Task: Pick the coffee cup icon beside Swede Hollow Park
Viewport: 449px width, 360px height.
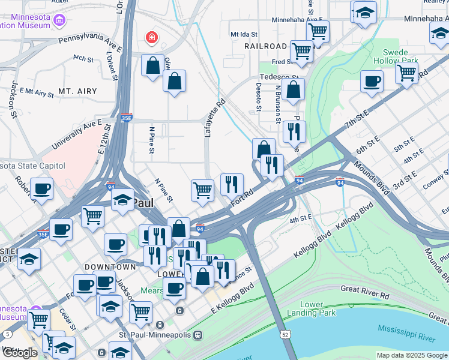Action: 372,82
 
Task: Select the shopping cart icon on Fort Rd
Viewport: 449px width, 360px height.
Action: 203,191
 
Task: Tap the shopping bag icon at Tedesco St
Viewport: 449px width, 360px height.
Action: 294,91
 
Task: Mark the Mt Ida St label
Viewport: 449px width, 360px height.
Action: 244,35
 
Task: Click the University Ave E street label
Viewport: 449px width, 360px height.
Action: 77,134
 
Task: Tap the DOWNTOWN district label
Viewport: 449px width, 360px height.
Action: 110,266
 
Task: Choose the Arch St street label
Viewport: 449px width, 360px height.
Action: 83,59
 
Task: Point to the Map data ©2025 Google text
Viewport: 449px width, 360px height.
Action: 411,355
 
